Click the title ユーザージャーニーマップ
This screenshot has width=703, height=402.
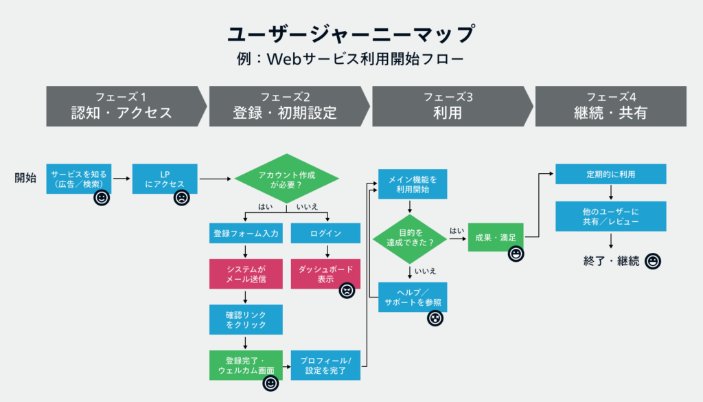351,34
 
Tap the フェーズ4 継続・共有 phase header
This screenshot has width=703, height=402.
610,106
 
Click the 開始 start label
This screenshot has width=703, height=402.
26,178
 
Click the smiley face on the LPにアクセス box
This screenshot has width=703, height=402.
181,198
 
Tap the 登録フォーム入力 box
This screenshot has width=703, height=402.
245,234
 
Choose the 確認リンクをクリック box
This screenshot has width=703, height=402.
245,320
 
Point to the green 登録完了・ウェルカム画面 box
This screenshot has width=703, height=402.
245,365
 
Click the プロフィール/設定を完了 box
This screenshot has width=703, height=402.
325,365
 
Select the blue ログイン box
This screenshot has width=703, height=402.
325,234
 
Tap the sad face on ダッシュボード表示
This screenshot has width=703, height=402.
347,290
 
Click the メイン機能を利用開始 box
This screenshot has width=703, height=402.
413,184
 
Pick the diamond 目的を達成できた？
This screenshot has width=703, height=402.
410,238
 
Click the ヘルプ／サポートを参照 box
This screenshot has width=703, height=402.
413,297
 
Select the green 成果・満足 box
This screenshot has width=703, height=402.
496,237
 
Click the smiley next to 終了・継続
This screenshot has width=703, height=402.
653,261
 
